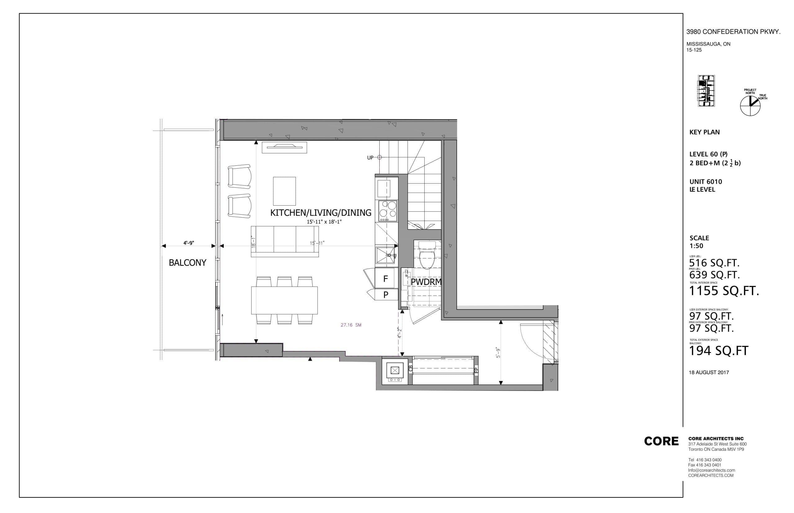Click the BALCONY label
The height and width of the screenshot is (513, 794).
[187, 263]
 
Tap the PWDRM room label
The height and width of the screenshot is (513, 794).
[426, 282]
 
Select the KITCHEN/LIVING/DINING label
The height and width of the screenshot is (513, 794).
[320, 213]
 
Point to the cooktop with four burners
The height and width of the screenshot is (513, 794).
[387, 211]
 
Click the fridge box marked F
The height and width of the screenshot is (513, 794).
[386, 279]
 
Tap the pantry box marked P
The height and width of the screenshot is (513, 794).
[386, 295]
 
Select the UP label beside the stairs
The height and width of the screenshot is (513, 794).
[370, 158]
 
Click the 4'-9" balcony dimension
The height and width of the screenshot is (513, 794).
[188, 243]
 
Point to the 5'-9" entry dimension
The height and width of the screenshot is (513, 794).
[498, 353]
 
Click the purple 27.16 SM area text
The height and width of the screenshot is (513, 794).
[351, 325]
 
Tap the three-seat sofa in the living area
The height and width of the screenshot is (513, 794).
[284, 241]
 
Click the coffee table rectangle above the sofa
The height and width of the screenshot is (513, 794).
[284, 191]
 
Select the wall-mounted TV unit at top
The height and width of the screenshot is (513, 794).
[284, 147]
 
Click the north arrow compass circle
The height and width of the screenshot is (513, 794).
[750, 106]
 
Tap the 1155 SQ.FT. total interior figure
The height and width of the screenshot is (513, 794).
[724, 291]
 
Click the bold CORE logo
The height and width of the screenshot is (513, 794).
[661, 441]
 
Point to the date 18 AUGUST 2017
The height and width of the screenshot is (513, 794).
[709, 372]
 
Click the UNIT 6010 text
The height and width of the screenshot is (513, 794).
[706, 182]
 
